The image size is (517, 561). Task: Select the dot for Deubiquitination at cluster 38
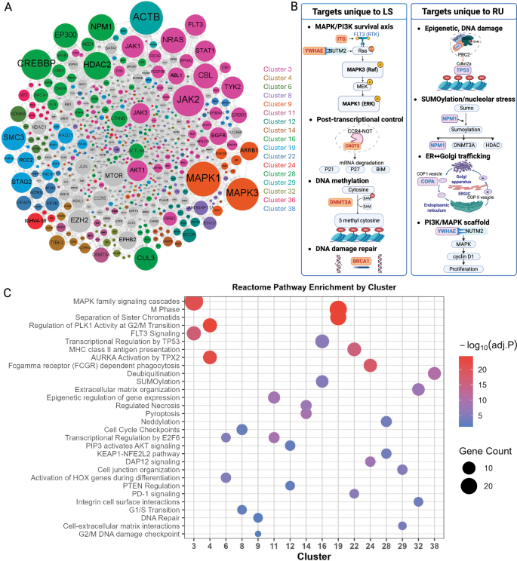(434, 373)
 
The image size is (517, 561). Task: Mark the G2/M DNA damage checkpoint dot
(257, 535)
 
